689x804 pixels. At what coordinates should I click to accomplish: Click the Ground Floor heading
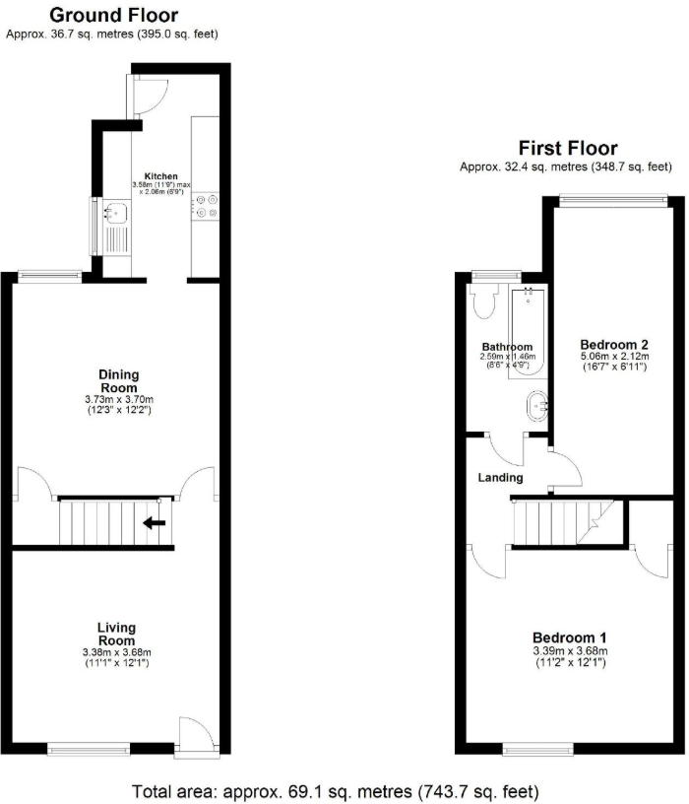coord(113,15)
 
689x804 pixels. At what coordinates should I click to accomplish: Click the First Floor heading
coord(568,149)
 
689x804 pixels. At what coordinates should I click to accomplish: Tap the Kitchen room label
coord(160,175)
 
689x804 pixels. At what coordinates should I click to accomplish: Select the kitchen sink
coord(114,211)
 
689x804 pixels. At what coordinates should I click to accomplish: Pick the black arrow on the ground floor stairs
coord(154,522)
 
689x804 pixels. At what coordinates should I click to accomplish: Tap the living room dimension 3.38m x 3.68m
coord(116,652)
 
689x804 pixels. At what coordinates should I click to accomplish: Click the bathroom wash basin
coord(538,405)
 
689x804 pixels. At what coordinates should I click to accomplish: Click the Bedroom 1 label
coord(570,636)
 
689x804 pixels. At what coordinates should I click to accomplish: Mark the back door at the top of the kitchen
coord(152,92)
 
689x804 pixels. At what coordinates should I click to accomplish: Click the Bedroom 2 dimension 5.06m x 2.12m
coord(615,358)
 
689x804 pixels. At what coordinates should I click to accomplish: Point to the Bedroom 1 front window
coord(538,749)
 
